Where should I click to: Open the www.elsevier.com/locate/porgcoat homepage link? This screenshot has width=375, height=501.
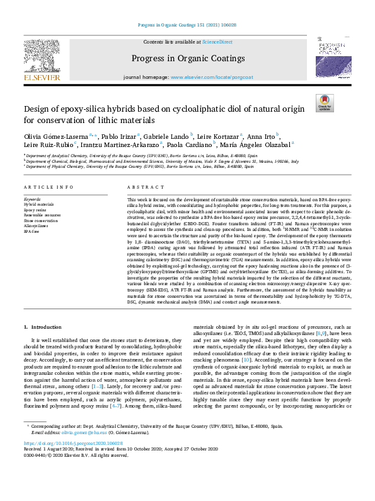coord(206,77)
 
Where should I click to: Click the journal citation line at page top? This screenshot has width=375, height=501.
coord(187,25)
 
